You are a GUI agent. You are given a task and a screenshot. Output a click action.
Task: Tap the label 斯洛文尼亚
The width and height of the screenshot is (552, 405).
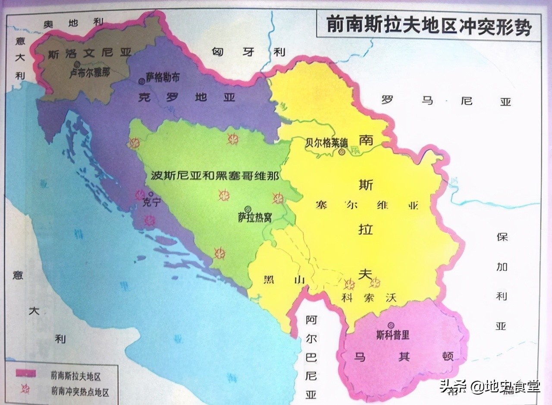pyautogui.click(x=90, y=54)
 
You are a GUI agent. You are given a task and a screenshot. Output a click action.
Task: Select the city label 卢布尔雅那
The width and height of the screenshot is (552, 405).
pyautogui.click(x=90, y=73)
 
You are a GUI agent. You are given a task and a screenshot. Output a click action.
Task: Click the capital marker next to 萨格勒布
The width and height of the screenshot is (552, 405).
pyautogui.click(x=141, y=80)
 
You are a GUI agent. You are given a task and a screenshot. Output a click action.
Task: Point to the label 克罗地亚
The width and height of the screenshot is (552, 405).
pyautogui.click(x=186, y=97)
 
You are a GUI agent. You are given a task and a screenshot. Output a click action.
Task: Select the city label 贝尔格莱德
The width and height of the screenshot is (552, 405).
pyautogui.click(x=326, y=142)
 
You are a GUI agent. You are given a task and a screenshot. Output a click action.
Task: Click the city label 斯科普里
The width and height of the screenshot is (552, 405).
pyautogui.click(x=392, y=335)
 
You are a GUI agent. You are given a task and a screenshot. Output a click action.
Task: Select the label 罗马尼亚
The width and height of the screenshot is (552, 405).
pyautogui.click(x=445, y=101)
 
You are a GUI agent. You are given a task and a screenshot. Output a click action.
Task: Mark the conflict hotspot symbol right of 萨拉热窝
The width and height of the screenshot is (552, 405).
pyautogui.click(x=278, y=199)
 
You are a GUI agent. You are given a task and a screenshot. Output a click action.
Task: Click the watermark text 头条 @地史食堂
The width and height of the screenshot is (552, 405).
pyautogui.click(x=489, y=386)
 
